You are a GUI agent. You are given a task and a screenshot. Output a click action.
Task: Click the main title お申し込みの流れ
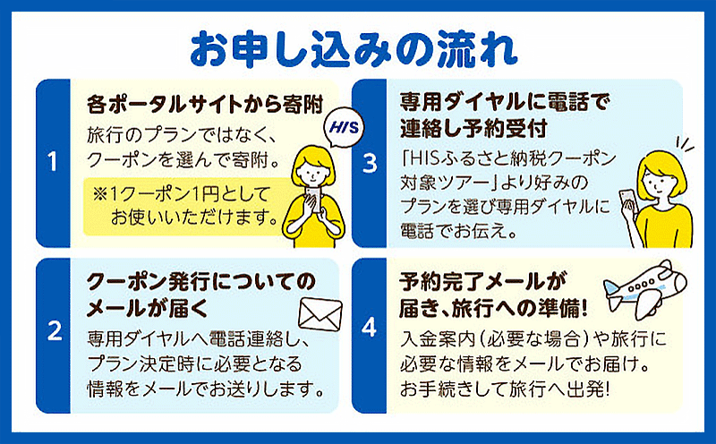(354, 50)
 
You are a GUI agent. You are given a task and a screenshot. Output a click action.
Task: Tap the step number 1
(53, 162)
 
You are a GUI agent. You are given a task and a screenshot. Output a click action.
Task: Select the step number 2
(55, 331)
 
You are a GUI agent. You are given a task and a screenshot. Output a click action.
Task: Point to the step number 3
(370, 163)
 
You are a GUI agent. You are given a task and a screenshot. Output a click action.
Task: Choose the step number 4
(369, 328)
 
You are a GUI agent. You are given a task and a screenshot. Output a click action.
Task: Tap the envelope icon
(320, 315)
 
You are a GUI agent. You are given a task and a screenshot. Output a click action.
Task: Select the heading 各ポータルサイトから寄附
(205, 105)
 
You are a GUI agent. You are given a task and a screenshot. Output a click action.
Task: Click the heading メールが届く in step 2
(148, 308)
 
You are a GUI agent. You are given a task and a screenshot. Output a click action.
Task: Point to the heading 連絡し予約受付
(473, 128)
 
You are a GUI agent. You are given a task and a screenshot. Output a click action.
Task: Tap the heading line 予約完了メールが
(483, 281)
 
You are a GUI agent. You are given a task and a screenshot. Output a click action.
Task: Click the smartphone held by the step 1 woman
(314, 197)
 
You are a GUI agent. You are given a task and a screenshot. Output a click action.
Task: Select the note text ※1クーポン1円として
(182, 194)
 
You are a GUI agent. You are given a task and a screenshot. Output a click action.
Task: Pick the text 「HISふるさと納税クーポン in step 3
(508, 158)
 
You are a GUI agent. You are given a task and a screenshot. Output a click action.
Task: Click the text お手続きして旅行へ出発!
(505, 389)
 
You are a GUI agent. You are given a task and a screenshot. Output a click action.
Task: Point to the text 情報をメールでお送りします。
(206, 389)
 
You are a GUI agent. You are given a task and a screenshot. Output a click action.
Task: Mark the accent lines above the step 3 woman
(685, 145)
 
